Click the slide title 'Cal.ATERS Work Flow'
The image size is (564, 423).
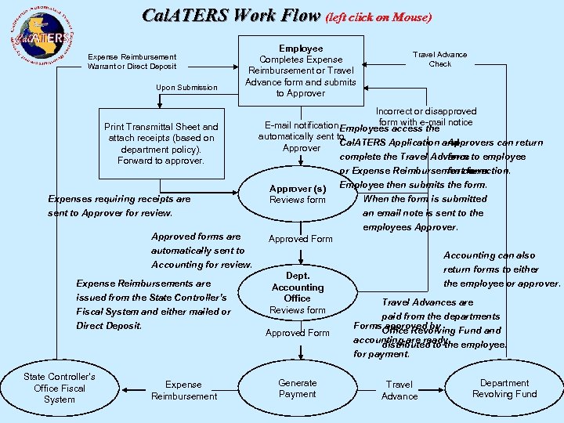tap(231, 16)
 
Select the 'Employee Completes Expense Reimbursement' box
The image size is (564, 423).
tap(301, 70)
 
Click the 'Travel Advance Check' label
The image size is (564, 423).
tap(439, 59)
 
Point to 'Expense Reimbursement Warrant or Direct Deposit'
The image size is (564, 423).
tap(132, 61)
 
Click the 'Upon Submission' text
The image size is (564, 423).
tap(186, 87)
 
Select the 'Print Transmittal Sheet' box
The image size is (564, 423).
tap(161, 143)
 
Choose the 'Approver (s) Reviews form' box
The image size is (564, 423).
tap(298, 194)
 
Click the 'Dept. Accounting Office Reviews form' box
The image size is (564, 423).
tap(298, 293)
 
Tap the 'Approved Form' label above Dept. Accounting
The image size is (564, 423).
tap(300, 239)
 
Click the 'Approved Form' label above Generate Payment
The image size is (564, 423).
tap(298, 333)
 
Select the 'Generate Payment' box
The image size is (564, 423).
tap(298, 389)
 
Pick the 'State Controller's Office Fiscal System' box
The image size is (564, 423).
tap(60, 389)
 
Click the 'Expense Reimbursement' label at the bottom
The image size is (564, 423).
tap(184, 390)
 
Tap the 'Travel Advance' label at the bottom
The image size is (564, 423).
tap(399, 390)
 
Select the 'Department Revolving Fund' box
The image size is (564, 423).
tap(504, 389)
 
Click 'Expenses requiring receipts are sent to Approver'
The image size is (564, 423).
tap(119, 205)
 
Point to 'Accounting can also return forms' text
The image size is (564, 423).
tap(493, 269)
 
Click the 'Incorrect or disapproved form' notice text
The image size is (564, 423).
tap(425, 117)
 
